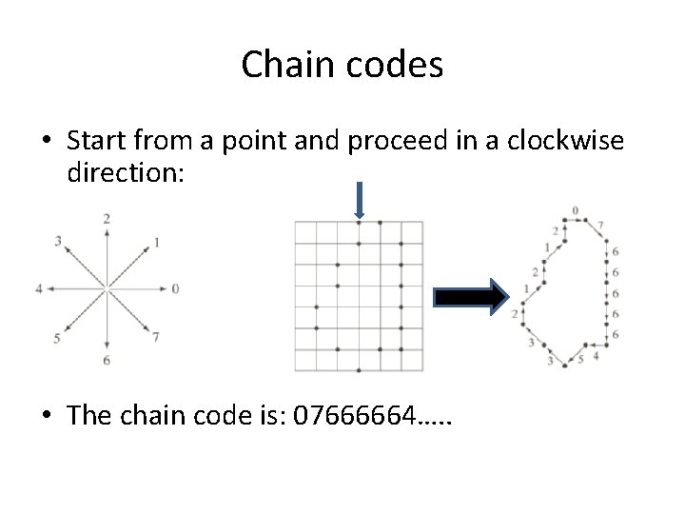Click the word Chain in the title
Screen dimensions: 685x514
282,65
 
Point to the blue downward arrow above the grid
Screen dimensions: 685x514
359,199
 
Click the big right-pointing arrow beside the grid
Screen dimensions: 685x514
468,297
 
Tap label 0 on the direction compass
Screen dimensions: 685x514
176,287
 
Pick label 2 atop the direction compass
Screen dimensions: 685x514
107,219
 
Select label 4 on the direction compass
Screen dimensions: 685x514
39,287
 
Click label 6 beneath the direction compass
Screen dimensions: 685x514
107,360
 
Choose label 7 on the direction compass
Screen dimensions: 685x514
155,337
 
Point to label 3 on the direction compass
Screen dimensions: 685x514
58,241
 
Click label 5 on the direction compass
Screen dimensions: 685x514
58,338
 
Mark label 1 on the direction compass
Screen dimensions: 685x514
156,241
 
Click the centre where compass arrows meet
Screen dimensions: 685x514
107,287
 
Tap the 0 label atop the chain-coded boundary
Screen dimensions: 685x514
575,210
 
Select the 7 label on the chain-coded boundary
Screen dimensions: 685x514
599,226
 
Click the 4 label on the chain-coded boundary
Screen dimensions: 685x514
595,355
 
